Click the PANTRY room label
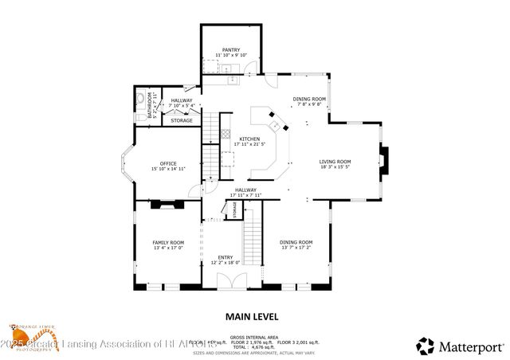click(231, 49)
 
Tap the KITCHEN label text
click(249, 139)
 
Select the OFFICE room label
click(168, 163)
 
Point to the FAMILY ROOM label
click(168, 242)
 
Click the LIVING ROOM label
click(335, 162)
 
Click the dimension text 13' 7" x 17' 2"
click(296, 247)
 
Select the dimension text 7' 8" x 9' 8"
click(308, 104)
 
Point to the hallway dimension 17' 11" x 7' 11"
click(245, 195)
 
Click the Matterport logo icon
click(426, 346)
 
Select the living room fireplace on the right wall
click(383, 161)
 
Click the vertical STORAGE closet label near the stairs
click(234, 209)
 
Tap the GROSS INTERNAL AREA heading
click(254, 338)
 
